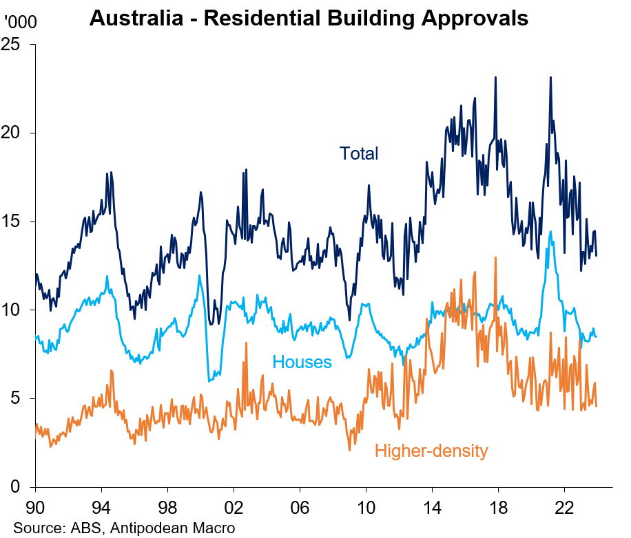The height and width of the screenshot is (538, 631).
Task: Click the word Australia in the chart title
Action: click(136, 19)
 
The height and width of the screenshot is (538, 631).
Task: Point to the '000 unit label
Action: click(21, 21)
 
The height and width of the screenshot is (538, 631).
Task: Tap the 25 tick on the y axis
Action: click(16, 44)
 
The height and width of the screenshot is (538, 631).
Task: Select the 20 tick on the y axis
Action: click(16, 133)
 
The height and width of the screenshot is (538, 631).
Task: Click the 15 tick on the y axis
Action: click(16, 222)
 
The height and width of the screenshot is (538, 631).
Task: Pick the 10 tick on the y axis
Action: click(16, 310)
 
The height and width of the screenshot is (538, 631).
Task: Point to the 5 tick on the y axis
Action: click(20, 399)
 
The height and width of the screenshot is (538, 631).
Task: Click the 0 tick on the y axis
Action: click(20, 487)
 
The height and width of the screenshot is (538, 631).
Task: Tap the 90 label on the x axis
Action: click(36, 506)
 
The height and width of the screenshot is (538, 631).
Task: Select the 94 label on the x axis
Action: click(102, 506)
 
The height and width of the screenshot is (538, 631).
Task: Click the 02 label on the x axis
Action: click(234, 506)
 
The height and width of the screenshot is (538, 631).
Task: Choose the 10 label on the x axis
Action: click(366, 506)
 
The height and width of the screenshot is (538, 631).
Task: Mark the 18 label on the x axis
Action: click(499, 506)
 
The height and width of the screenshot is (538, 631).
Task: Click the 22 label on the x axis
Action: click(565, 506)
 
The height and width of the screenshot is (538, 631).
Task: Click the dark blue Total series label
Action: click(358, 153)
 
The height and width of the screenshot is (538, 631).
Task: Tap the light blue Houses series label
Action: click(302, 362)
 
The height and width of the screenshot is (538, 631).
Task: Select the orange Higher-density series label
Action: click(431, 451)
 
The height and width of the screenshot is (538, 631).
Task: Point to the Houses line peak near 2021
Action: click(550, 232)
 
